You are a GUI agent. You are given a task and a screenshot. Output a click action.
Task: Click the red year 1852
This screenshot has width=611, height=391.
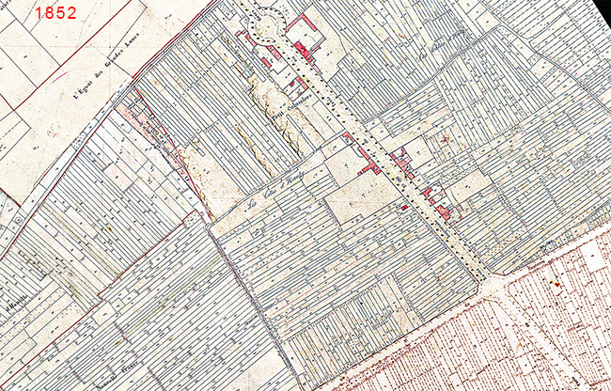[55, 13]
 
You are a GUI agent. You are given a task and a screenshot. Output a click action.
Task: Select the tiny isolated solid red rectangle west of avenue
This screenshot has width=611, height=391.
[404, 207]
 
